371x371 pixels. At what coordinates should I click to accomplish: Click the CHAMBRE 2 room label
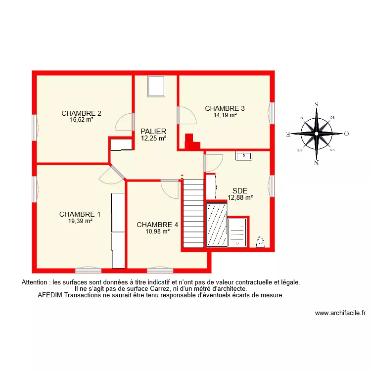82,113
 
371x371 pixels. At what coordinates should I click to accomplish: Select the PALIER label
153,131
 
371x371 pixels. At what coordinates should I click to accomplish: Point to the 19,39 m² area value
80,221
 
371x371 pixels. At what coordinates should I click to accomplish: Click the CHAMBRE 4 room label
157,224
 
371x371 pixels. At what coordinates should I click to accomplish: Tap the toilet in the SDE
260,241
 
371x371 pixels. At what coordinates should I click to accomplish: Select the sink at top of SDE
244,156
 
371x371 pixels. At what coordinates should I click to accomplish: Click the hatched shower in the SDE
217,225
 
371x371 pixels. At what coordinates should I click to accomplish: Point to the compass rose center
317,134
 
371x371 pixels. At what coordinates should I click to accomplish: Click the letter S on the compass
317,104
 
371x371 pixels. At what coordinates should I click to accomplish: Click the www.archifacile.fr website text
340,313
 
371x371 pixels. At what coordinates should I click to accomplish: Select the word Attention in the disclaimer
36,282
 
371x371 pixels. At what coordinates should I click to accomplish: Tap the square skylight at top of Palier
156,87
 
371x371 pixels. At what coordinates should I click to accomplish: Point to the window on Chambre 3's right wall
272,112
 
